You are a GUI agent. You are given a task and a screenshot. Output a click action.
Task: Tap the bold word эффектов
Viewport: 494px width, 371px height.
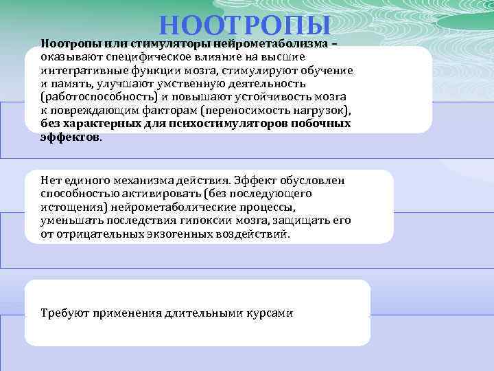coord(70,137)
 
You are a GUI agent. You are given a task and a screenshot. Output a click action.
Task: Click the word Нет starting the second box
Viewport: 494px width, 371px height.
coord(51,181)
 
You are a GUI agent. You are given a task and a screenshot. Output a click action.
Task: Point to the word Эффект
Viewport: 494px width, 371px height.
coord(253,181)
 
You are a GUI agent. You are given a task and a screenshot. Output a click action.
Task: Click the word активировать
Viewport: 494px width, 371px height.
coord(141,194)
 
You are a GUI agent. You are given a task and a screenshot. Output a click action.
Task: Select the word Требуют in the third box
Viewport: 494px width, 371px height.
coord(62,313)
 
